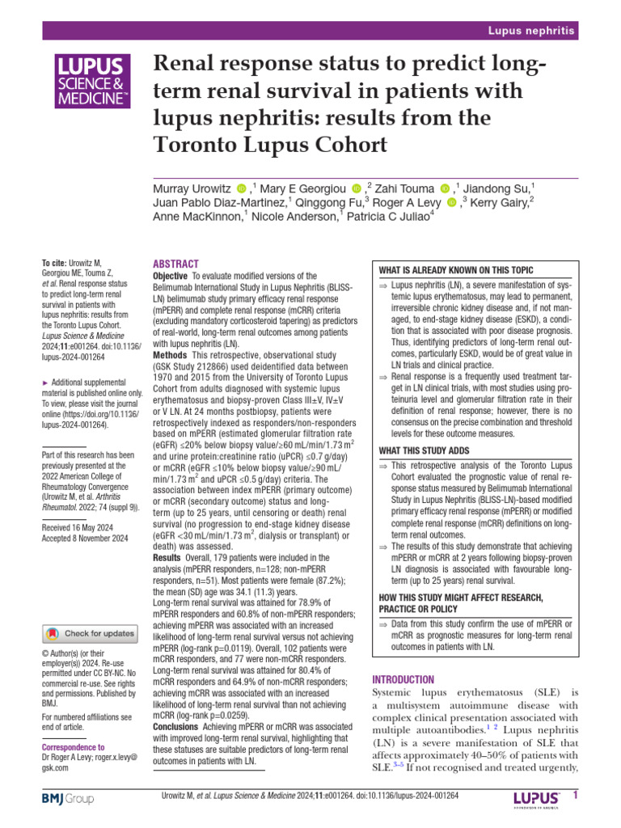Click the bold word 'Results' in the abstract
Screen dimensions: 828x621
[168, 557]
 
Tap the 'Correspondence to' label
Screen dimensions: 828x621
[73, 748]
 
